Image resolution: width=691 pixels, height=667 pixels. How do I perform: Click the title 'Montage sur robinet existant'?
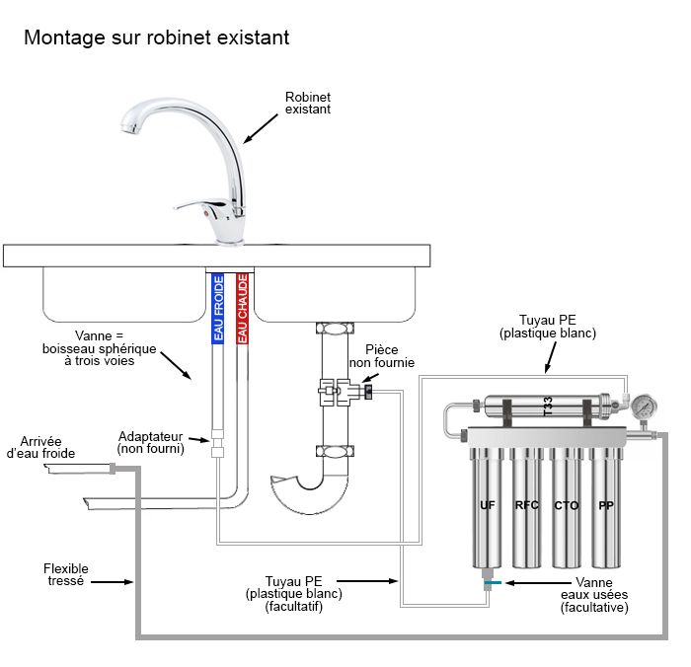[x=156, y=37]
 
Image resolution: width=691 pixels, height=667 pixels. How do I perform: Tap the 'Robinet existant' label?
[x=307, y=103]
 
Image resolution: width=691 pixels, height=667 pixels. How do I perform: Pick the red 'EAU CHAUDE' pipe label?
[x=243, y=309]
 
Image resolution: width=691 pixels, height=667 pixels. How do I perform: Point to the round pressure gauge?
[x=646, y=406]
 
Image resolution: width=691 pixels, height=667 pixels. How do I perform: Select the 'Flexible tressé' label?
[x=65, y=575]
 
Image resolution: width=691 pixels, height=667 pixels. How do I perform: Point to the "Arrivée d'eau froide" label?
[x=40, y=447]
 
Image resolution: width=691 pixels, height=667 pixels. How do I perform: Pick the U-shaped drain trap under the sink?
[x=311, y=491]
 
